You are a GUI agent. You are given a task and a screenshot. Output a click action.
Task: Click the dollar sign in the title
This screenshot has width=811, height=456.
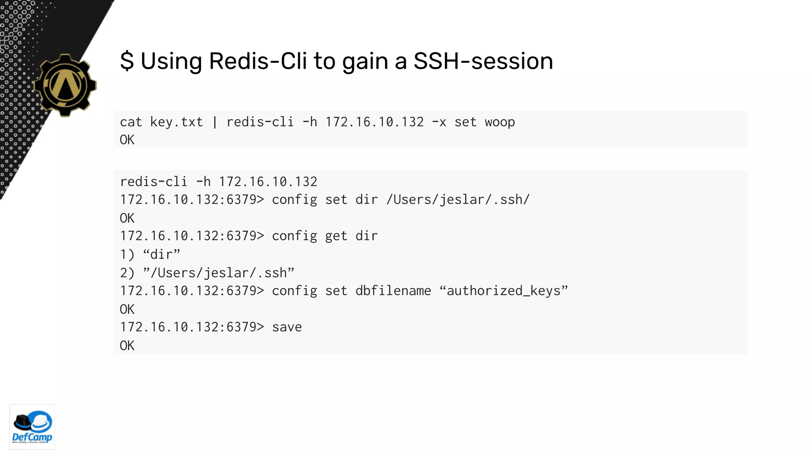(x=127, y=61)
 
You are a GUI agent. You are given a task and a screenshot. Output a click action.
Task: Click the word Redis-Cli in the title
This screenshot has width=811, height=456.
(x=258, y=61)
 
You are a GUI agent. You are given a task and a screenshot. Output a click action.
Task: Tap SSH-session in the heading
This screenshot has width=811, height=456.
(x=483, y=61)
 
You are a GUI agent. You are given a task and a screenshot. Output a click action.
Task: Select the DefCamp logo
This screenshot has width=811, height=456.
(x=32, y=427)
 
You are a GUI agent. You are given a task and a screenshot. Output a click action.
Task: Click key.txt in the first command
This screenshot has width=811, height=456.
(x=176, y=122)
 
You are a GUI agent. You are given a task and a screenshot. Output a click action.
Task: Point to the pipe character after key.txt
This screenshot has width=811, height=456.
(x=215, y=122)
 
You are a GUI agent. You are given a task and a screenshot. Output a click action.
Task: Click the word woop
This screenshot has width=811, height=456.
(x=500, y=122)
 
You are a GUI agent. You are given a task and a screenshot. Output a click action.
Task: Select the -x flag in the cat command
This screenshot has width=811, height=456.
(x=439, y=122)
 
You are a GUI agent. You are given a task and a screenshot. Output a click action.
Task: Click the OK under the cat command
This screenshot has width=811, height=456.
(x=127, y=140)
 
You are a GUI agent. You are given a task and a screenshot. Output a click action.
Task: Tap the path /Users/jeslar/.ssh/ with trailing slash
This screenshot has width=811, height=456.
(x=458, y=199)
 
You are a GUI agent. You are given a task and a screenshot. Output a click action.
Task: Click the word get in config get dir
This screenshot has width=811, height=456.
(x=336, y=236)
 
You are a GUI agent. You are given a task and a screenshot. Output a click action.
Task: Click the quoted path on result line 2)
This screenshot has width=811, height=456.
(x=219, y=273)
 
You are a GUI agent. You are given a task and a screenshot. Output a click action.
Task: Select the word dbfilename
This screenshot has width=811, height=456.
(x=393, y=291)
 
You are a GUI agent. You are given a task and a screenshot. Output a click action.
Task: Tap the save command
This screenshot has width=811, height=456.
(x=287, y=327)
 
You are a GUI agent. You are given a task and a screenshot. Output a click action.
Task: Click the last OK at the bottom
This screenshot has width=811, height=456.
(x=127, y=346)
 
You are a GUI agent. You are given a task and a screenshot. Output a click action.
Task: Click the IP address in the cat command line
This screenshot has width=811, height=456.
(x=374, y=122)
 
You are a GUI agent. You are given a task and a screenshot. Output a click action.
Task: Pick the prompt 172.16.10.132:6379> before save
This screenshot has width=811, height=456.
(x=192, y=327)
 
